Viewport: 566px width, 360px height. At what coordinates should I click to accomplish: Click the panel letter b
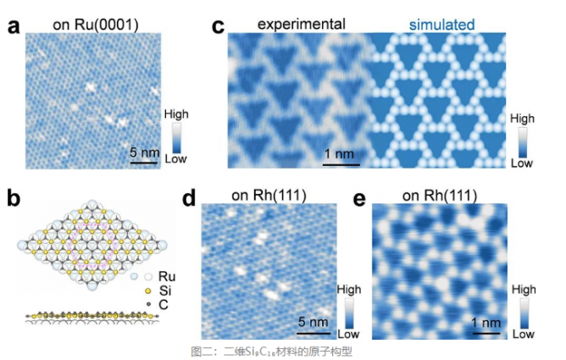(x=14, y=200)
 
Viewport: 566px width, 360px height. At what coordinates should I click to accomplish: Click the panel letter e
(x=358, y=200)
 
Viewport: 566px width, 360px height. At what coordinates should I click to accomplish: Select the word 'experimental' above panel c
(x=296, y=25)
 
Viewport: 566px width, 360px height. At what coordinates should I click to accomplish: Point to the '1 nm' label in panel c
(x=338, y=153)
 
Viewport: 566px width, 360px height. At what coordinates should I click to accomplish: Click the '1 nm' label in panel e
(x=486, y=322)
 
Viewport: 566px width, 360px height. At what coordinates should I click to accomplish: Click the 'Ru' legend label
(x=168, y=276)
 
